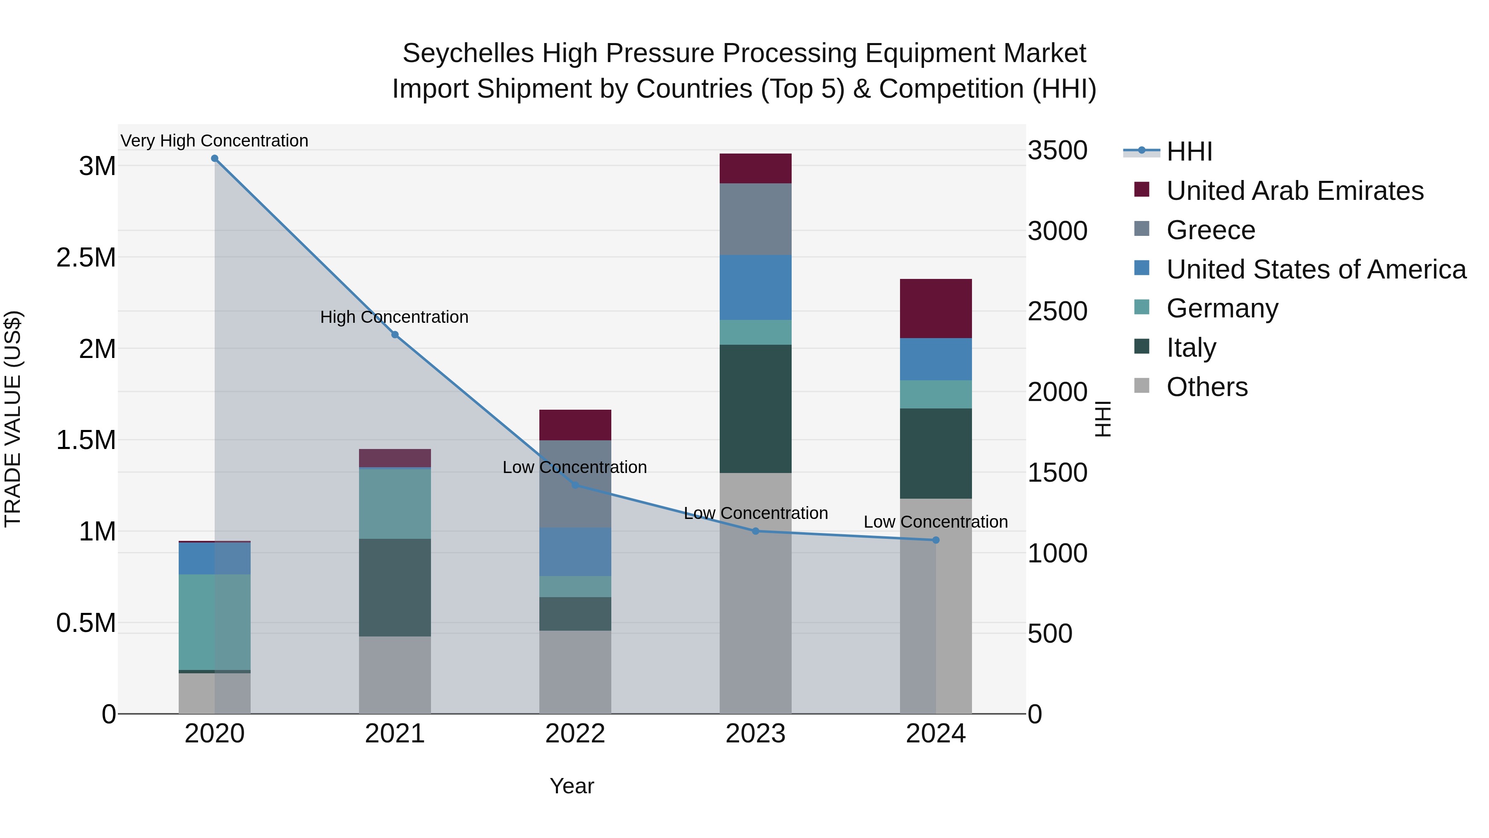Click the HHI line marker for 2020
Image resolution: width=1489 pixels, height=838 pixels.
click(214, 158)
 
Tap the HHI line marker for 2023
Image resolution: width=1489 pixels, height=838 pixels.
click(756, 531)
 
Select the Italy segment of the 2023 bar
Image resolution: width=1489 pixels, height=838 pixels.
click(756, 409)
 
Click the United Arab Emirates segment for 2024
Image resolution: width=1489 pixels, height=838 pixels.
click(936, 308)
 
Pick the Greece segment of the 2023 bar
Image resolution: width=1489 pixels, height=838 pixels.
click(756, 219)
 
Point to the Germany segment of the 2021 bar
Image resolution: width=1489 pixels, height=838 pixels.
click(395, 503)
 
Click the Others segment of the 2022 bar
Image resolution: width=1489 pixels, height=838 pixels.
click(575, 672)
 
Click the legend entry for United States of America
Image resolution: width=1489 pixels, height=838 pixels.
click(1316, 269)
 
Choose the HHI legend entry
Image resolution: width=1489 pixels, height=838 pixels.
click(1189, 151)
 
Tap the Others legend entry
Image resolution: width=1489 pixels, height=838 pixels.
click(1207, 387)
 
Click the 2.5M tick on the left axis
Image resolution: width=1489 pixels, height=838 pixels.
click(86, 257)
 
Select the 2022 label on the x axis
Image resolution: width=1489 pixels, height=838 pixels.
click(575, 734)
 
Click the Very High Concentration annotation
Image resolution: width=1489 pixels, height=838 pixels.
click(214, 141)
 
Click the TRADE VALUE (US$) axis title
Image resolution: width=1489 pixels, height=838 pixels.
click(13, 419)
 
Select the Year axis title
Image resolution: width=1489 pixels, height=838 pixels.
click(572, 786)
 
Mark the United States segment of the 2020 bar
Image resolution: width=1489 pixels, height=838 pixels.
click(214, 558)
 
